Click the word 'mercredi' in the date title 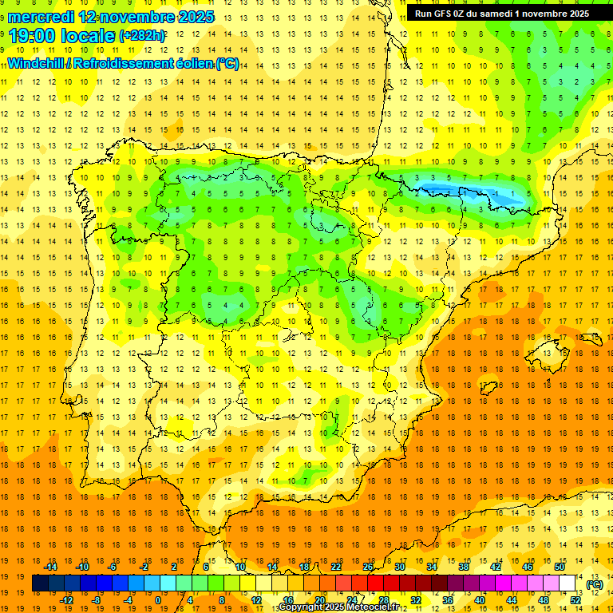(x=42, y=16)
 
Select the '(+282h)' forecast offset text (x=142, y=36)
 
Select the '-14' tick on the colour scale (x=51, y=567)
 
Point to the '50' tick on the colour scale (x=559, y=567)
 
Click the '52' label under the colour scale (x=575, y=599)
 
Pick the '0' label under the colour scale (x=159, y=599)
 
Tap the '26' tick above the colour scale (x=368, y=567)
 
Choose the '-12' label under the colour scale (x=66, y=599)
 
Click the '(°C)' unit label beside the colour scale (x=594, y=584)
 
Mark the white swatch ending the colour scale (x=568, y=583)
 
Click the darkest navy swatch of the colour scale (x=40, y=583)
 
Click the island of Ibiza (x=488, y=387)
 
